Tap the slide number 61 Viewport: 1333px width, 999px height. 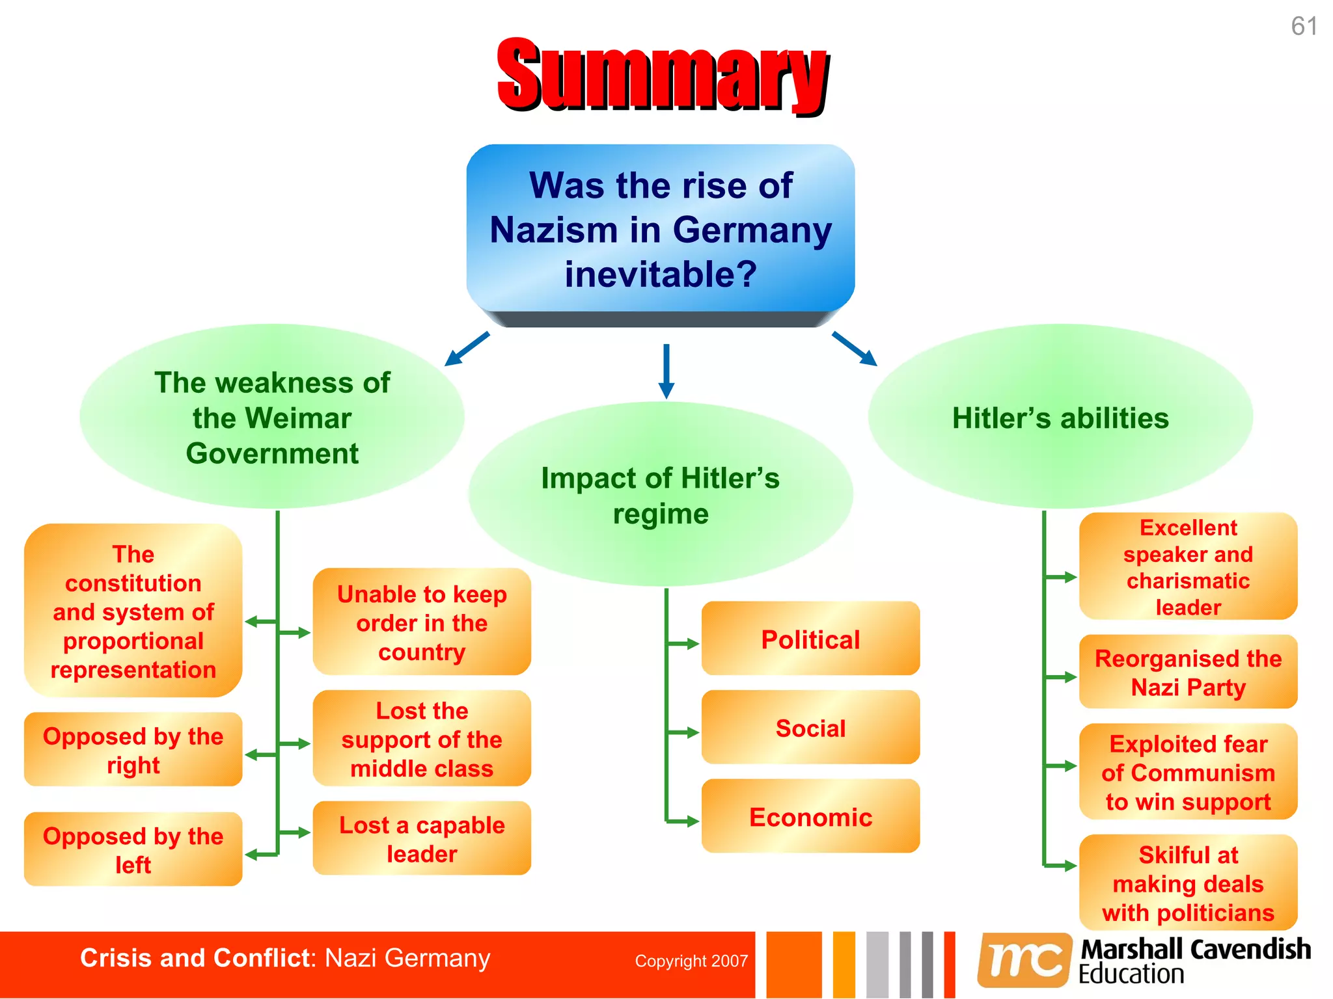1304,27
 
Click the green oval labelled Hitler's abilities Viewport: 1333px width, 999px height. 1060,418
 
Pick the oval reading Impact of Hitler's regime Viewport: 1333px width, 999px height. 660,495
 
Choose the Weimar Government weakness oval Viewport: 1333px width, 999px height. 272,418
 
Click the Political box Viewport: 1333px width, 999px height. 810,639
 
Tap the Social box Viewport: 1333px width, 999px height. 810,728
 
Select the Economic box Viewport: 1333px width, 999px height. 810,817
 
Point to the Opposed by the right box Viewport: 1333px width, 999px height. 133,750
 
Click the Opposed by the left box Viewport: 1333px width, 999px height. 133,849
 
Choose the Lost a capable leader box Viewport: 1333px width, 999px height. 422,839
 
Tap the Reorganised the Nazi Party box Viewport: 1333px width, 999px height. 1188,673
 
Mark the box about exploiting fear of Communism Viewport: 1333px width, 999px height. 1188,772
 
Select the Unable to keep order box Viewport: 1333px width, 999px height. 422,622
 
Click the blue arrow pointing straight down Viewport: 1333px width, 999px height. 666,371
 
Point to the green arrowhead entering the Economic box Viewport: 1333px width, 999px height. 692,821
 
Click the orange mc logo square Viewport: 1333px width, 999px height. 1024,960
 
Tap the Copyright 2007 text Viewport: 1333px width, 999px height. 691,961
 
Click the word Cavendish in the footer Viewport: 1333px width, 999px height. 1250,950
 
